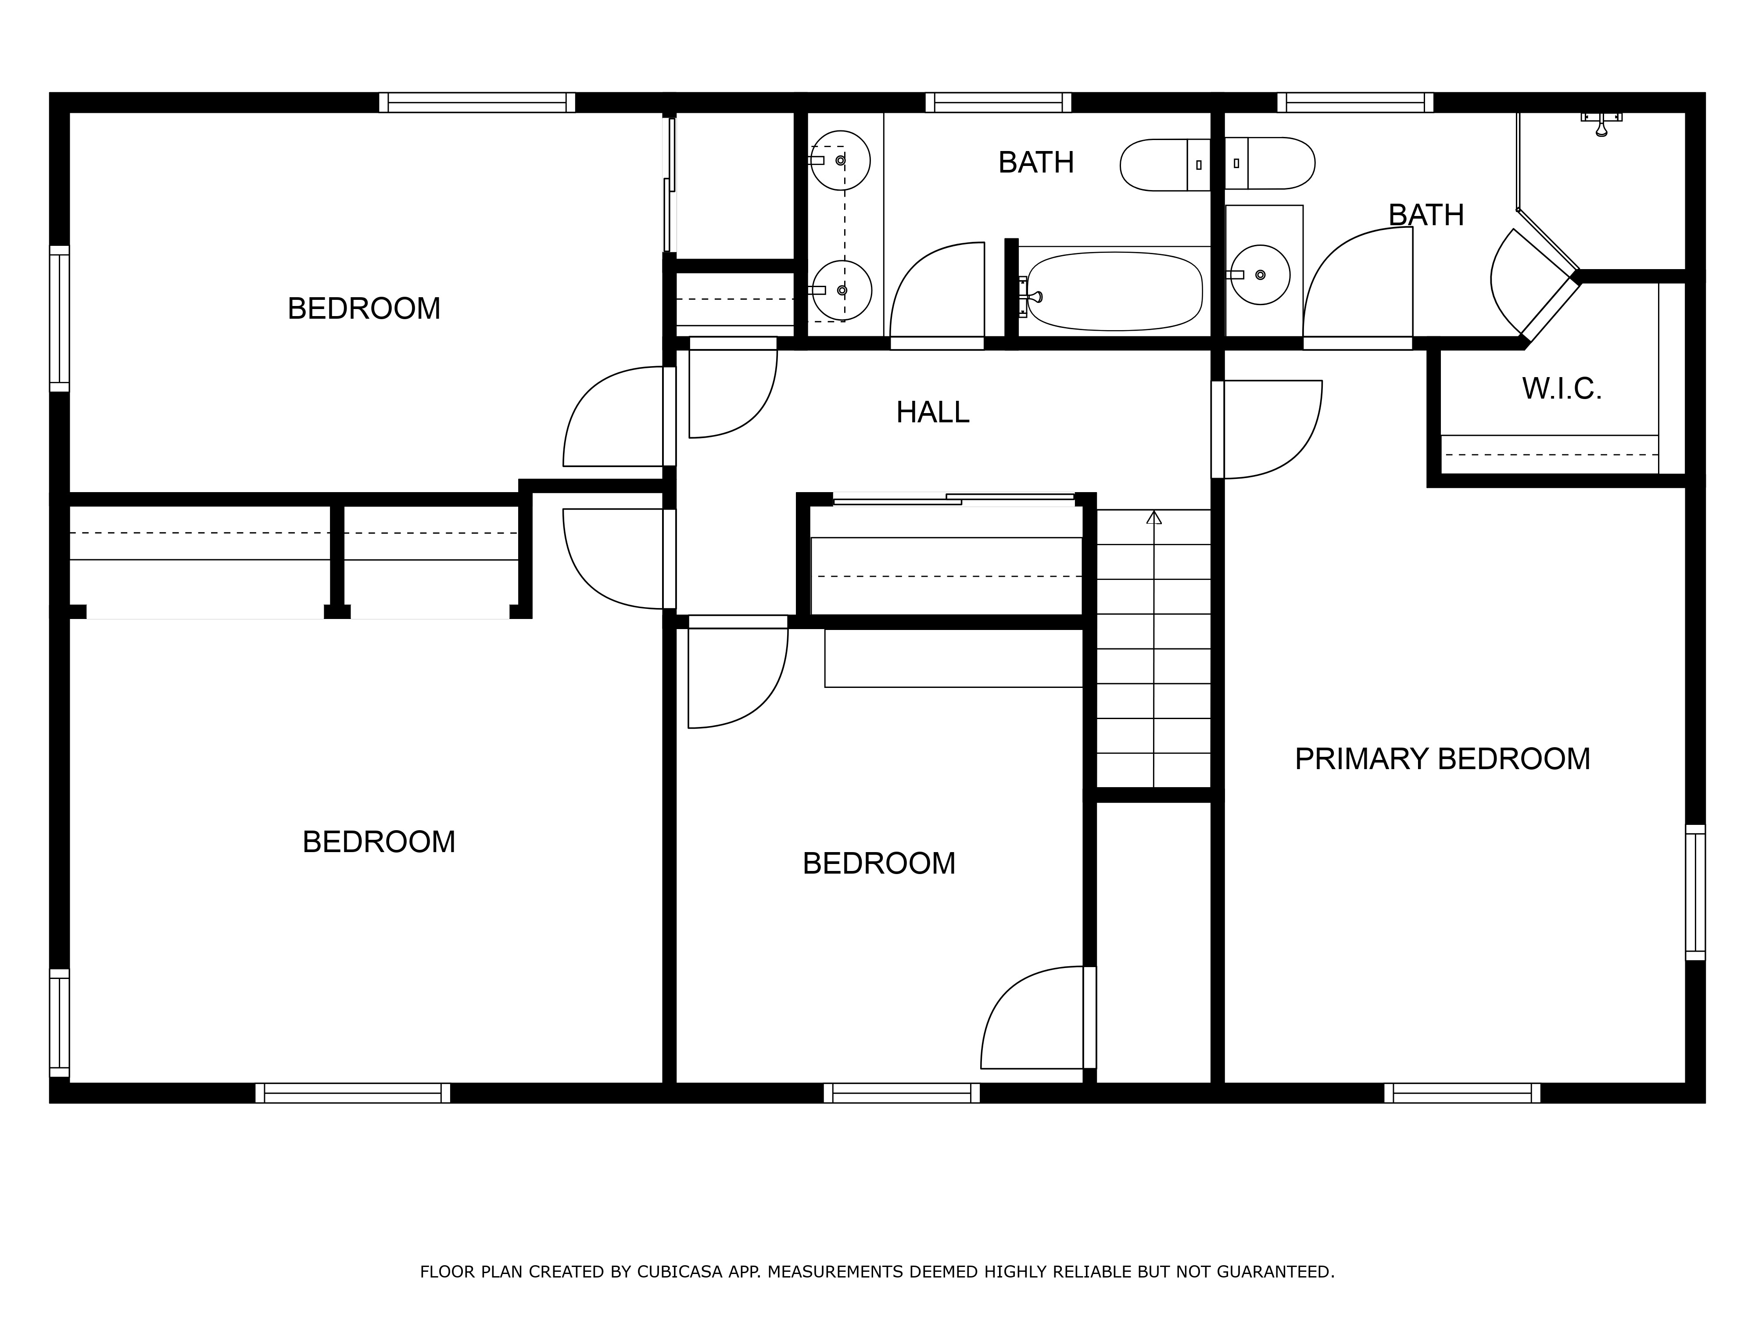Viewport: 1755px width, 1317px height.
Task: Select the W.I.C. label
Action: pos(1562,389)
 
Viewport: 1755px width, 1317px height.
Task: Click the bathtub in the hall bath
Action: pos(1114,291)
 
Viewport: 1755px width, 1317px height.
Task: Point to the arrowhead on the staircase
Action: pos(1153,518)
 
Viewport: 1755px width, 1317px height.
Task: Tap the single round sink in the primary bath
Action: pos(1261,275)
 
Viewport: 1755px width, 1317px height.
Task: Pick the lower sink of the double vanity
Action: pos(842,291)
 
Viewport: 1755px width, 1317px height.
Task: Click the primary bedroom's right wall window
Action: pos(1695,892)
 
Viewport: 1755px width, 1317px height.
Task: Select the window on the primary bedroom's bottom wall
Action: pos(1462,1093)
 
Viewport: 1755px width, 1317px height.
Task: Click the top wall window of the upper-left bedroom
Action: pos(477,102)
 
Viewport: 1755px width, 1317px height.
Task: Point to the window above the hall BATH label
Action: pos(998,102)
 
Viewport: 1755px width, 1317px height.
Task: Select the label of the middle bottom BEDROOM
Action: pos(879,864)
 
